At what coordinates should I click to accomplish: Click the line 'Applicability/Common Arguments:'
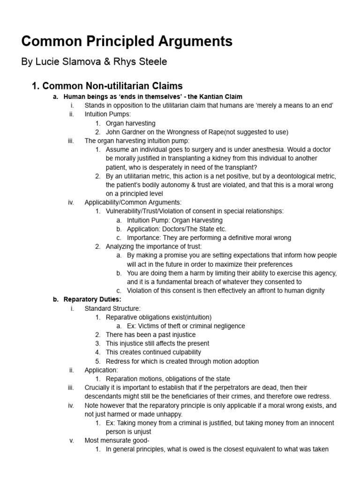133,202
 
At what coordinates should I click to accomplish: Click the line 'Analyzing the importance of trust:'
154,247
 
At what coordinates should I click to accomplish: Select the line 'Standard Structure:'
112,308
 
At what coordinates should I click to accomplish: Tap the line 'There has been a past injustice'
150,335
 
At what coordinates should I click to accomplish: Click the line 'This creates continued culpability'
153,352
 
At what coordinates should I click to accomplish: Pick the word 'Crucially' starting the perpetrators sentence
99,388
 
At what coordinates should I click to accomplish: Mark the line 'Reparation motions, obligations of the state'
168,379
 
